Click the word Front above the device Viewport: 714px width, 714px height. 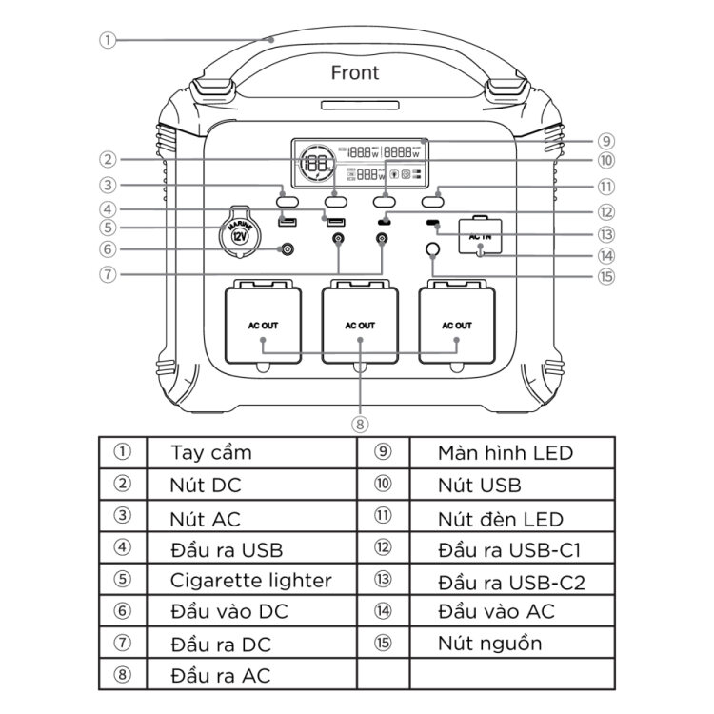click(x=354, y=72)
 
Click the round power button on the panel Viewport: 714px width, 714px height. click(x=433, y=252)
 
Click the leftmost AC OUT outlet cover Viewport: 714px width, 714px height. click(x=263, y=327)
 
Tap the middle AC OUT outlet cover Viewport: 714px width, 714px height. click(x=360, y=327)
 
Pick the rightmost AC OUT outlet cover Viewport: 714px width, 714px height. click(x=457, y=327)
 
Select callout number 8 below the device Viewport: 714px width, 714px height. click(x=360, y=422)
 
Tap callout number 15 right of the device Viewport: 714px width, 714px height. click(x=606, y=278)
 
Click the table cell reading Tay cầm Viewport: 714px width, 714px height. click(x=210, y=452)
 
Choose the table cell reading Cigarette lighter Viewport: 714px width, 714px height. click(x=250, y=580)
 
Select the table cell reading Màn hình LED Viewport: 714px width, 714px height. click(x=506, y=452)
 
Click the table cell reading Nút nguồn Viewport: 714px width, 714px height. click(x=489, y=643)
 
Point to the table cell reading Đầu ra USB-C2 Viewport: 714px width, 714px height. click(x=511, y=582)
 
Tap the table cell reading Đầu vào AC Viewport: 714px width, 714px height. click(x=496, y=611)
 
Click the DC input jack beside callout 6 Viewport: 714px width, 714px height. click(x=283, y=249)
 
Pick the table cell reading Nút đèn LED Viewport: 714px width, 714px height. click(x=501, y=519)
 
